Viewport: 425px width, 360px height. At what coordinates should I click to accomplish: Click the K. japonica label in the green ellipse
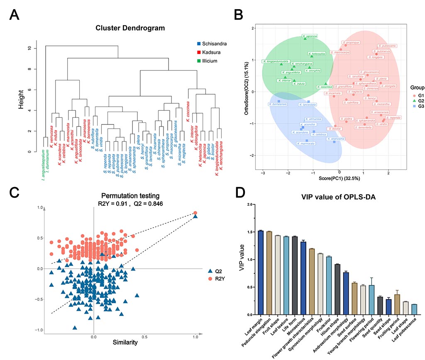(x=310, y=36)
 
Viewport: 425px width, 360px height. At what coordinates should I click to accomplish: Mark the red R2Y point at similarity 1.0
(x=195, y=213)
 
